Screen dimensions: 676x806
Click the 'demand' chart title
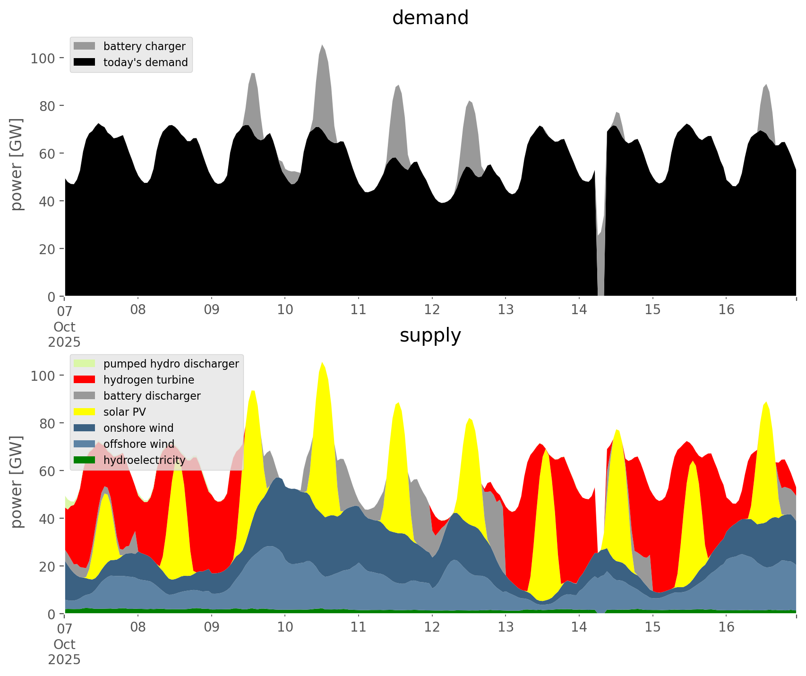click(x=430, y=18)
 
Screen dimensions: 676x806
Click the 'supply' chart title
click(x=430, y=335)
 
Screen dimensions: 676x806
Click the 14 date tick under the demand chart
click(x=579, y=310)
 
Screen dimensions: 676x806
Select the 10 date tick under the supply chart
click(x=285, y=627)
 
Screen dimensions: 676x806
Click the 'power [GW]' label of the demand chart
click(x=17, y=164)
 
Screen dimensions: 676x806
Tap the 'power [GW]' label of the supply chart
click(x=17, y=482)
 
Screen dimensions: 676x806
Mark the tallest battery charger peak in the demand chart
click(x=322, y=47)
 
